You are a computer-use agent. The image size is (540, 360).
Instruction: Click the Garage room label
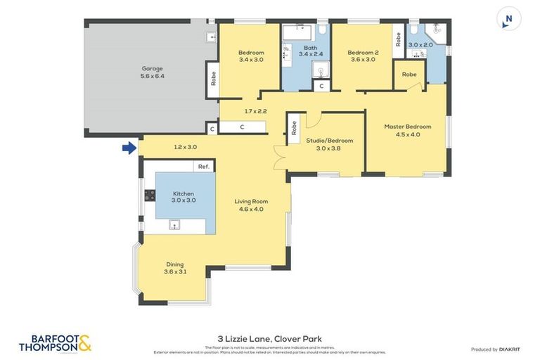(153, 68)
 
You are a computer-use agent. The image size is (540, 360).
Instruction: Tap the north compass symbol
(508, 19)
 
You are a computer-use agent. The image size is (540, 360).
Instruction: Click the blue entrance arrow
(129, 148)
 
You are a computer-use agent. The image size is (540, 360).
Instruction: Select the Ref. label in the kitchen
(204, 167)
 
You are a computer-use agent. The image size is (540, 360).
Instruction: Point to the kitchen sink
(174, 225)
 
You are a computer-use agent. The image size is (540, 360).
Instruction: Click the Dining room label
(175, 264)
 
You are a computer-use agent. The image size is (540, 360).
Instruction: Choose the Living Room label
(252, 202)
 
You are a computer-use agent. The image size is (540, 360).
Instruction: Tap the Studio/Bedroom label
(329, 141)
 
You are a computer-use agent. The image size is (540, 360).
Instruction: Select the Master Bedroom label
(407, 127)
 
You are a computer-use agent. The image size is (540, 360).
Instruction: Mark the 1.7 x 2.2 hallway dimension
(257, 111)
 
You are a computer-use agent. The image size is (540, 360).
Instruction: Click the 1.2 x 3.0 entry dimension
(185, 147)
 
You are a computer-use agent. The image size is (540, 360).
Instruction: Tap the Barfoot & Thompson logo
(55, 343)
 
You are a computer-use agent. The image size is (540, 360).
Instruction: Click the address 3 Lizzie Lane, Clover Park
(270, 338)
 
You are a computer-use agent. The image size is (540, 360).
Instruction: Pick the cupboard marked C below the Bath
(321, 86)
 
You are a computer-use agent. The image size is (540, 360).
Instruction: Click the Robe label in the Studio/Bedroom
(294, 129)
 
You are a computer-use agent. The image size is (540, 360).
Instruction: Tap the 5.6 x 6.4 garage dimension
(153, 76)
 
